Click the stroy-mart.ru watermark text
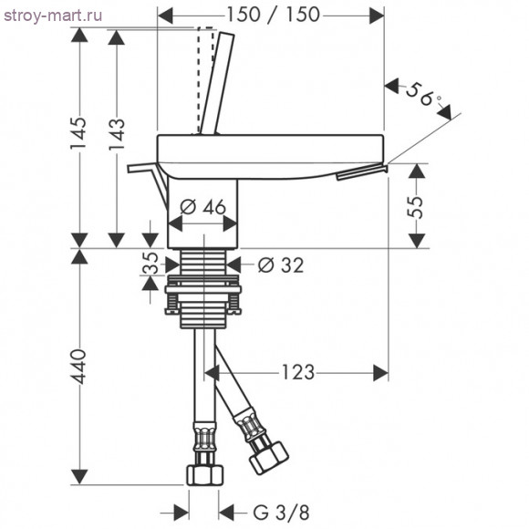coord(53,16)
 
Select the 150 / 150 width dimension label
coord(273,15)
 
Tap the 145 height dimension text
coord(78,133)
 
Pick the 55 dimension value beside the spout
coord(416,206)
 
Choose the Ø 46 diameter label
coord(202,206)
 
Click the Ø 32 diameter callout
coord(281,264)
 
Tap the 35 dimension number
coord(150,264)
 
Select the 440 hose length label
coord(78,367)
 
